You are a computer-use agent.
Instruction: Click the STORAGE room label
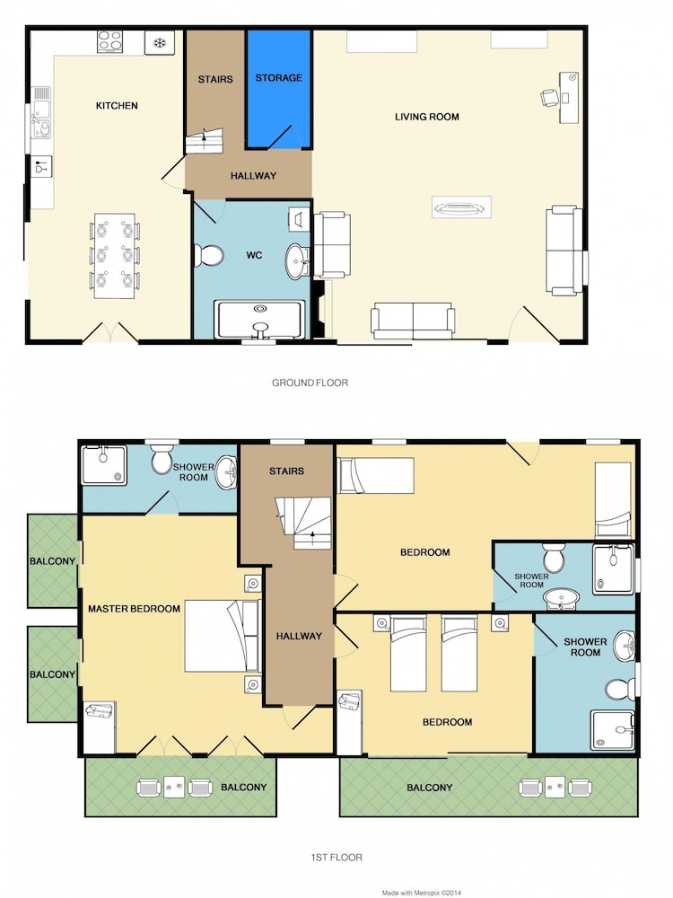[279, 78]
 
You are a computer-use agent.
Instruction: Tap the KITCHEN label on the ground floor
[117, 105]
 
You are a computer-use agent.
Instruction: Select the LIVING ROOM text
[427, 117]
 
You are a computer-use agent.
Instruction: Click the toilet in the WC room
[209, 255]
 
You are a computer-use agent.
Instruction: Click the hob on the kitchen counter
[109, 42]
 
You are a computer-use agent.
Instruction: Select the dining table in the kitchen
[115, 256]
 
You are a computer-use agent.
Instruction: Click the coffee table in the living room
[461, 207]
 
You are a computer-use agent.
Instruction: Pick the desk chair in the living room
[549, 97]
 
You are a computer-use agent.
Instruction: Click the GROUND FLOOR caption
[310, 383]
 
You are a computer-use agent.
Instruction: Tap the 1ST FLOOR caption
[336, 858]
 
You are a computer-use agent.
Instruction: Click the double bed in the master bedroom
[223, 636]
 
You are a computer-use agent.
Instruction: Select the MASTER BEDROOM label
[134, 609]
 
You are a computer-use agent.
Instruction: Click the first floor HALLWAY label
[299, 636]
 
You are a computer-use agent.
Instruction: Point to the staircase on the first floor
[304, 524]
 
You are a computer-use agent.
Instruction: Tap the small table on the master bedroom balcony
[175, 788]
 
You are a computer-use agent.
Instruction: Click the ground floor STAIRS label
[215, 80]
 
